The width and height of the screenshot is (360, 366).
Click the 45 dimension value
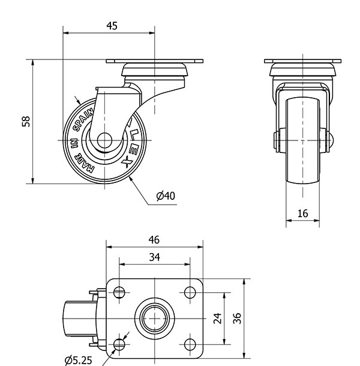[112, 26]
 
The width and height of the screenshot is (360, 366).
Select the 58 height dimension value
[26, 121]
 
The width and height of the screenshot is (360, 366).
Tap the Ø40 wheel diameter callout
[166, 196]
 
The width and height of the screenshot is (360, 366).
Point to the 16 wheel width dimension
[302, 214]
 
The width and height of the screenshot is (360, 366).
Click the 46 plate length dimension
[154, 240]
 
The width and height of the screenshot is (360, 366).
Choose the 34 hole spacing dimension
[155, 257]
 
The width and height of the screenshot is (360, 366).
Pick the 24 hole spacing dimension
[217, 319]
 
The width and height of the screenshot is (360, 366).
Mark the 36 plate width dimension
[237, 319]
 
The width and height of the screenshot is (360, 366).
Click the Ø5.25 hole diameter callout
[78, 361]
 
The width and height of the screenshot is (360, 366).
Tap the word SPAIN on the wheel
[83, 121]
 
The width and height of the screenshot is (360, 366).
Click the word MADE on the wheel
[83, 164]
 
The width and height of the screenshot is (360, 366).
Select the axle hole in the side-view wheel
[104, 140]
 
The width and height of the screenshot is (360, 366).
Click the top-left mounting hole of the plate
[119, 292]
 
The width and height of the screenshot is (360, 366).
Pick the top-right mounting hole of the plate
[190, 292]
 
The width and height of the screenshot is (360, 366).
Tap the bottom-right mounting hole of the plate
[190, 344]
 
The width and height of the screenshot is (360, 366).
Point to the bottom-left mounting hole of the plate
[119, 344]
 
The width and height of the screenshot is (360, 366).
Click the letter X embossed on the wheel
[127, 162]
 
